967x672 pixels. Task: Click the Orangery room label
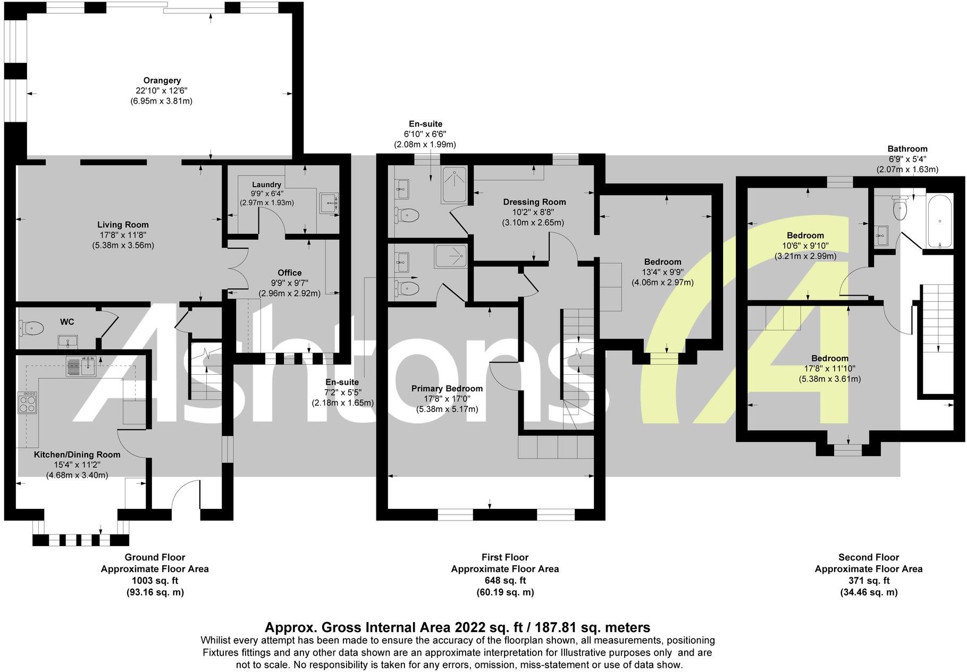[x=162, y=80]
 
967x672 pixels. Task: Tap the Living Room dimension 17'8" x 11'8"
[x=123, y=235]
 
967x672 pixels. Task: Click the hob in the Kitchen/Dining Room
[x=28, y=402]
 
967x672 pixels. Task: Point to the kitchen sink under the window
[x=81, y=366]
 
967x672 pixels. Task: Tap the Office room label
[x=289, y=273]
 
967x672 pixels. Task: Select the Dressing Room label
[x=534, y=202]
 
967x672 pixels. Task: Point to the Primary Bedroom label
[x=447, y=389]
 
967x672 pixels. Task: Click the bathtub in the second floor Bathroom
[x=940, y=222]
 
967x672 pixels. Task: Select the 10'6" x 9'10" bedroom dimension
[x=805, y=246]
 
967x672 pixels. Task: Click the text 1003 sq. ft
[x=155, y=581]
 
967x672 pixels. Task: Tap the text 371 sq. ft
[x=868, y=581]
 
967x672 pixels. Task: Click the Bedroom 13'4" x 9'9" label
[x=662, y=262]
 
